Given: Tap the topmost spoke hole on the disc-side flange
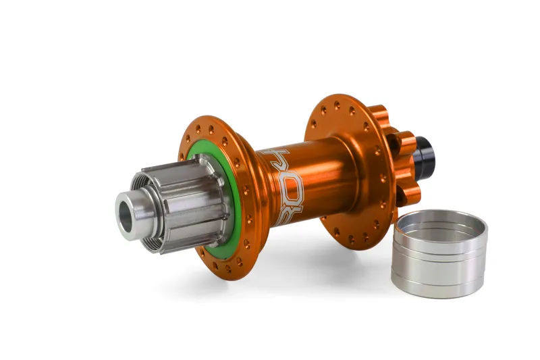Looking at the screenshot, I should [337, 106].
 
